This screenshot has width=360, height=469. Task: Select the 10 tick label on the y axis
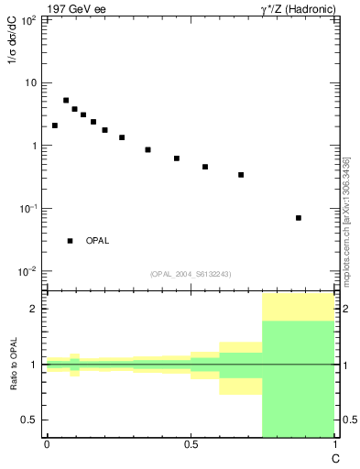(32, 83)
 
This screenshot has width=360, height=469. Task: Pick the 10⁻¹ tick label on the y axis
(29, 209)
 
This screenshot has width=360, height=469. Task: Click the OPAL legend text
(97, 241)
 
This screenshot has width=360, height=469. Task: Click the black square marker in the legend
(70, 241)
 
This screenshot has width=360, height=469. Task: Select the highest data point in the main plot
(66, 101)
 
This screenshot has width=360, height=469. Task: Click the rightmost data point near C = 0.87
(299, 218)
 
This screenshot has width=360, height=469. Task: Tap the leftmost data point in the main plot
(55, 125)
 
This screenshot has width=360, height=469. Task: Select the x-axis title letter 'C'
(335, 456)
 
